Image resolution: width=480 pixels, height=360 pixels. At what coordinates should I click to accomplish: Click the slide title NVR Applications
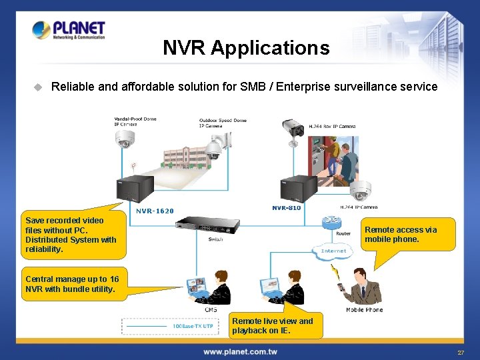(246, 48)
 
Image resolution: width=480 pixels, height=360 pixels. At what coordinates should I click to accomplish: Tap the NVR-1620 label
(155, 211)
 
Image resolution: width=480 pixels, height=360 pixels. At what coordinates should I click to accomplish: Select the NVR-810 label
(286, 208)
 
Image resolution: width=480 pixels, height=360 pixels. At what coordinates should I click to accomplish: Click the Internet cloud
(333, 251)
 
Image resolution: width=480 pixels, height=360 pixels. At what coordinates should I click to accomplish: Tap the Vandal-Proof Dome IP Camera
(124, 139)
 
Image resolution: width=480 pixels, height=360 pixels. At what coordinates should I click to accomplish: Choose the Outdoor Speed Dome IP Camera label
(223, 123)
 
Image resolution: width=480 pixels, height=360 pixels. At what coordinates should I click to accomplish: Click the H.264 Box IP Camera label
(332, 126)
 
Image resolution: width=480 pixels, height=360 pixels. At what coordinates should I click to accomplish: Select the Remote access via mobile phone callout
(409, 234)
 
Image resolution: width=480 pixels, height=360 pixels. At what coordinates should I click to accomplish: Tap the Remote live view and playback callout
(275, 325)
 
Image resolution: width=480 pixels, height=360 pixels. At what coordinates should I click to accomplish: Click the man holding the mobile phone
(362, 286)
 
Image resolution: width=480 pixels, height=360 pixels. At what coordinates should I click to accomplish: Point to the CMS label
(211, 309)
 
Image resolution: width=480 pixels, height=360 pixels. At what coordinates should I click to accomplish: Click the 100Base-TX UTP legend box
(169, 326)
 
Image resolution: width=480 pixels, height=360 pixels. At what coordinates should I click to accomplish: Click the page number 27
(461, 353)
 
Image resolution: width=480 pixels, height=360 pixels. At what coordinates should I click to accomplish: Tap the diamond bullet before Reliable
(38, 87)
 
